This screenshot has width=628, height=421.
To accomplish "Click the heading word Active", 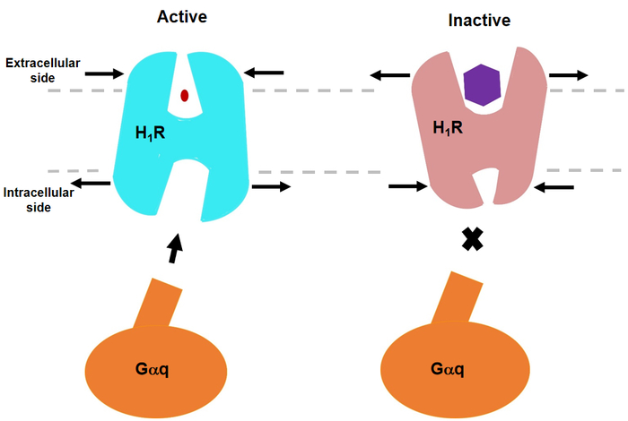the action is point(182,17).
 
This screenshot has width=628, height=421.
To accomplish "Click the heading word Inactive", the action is point(479,21).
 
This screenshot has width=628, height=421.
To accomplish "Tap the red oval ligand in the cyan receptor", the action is point(185,96).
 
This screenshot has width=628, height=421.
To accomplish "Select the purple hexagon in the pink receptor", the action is point(482,85).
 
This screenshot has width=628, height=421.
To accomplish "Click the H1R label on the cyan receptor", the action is point(150,133).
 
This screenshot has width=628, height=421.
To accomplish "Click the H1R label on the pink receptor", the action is point(448,128).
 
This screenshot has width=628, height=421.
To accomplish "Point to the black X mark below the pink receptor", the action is point(473,239).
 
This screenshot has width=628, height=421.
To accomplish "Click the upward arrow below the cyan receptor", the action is point(175,248).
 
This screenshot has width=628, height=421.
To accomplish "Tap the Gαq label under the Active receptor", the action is point(153,369).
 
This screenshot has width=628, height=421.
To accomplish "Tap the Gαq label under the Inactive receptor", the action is point(448,369).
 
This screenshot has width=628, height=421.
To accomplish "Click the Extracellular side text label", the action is point(42,71).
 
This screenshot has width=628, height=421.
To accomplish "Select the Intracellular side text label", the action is point(39,200).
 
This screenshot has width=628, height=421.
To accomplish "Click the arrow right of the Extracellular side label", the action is point(105,73).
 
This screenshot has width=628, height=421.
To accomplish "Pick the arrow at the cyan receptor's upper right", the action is point(264,73).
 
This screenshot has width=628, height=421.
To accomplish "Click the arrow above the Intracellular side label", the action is point(91,183).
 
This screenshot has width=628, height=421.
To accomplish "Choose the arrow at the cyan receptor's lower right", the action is point(271,186).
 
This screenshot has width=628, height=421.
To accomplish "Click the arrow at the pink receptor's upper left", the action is point(389,74).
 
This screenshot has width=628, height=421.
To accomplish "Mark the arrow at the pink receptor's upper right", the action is point(569,74).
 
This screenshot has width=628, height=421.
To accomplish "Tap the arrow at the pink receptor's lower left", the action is point(408,186).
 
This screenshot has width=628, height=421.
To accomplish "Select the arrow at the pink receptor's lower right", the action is point(554,186).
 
